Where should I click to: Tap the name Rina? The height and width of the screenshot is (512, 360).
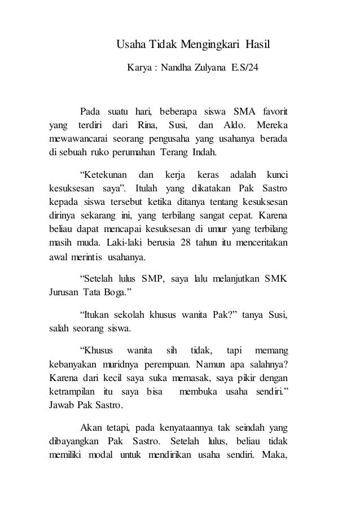point(146,124)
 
